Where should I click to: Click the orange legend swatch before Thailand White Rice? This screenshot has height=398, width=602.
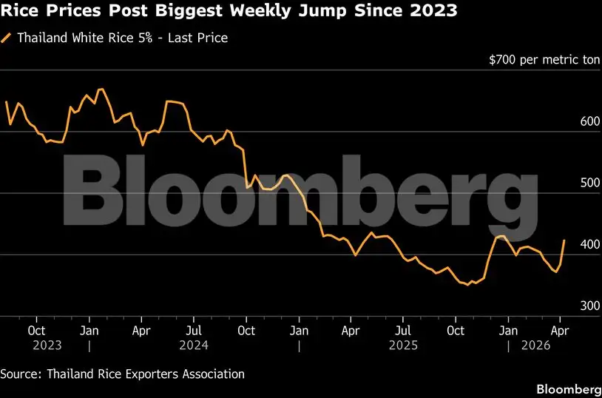pyautogui.click(x=6, y=38)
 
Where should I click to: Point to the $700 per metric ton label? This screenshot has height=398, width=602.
pyautogui.click(x=544, y=59)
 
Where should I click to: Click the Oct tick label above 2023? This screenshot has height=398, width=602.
pyautogui.click(x=36, y=330)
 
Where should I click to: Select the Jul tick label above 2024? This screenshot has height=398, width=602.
pyautogui.click(x=194, y=330)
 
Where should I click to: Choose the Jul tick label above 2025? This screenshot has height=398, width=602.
pyautogui.click(x=403, y=330)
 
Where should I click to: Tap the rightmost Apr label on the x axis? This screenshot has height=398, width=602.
pyautogui.click(x=560, y=330)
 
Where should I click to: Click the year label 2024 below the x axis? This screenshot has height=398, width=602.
pyautogui.click(x=194, y=345)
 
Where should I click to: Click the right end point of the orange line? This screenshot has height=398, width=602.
pyautogui.click(x=566, y=240)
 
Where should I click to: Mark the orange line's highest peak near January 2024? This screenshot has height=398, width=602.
pyautogui.click(x=101, y=90)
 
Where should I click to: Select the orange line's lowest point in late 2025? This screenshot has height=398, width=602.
pyautogui.click(x=467, y=285)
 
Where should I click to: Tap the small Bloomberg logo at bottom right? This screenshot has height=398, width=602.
pyautogui.click(x=568, y=389)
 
